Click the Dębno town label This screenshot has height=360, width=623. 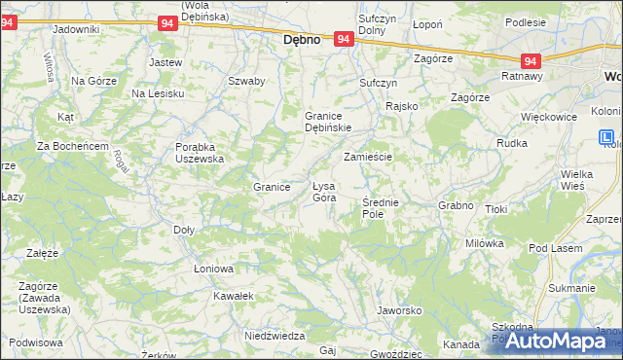click(x=302, y=41)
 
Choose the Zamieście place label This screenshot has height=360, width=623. click(x=367, y=157)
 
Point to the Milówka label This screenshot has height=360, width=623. click(x=484, y=243)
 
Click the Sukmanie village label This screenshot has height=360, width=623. click(x=571, y=288)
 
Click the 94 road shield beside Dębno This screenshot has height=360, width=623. click(x=343, y=39)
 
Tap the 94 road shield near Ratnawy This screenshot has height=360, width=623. click(x=531, y=59)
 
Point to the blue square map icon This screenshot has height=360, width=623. click(x=607, y=138)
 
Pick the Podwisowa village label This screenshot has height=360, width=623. click(x=37, y=342)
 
